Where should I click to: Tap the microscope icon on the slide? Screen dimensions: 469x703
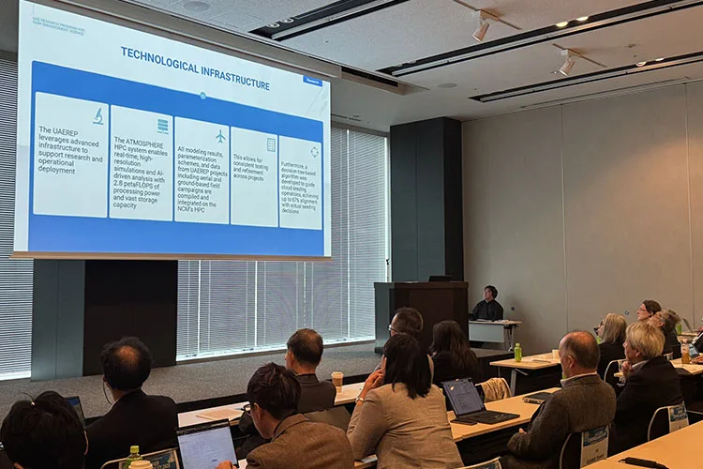pos(98,115)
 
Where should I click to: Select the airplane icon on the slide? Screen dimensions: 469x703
pos(220,137)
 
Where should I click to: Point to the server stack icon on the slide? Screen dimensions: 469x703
pos(163,126)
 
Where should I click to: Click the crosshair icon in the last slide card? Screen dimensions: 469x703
pos(314,151)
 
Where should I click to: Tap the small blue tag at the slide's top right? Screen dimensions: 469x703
pos(312,81)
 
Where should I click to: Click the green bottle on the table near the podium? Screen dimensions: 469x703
pos(517,353)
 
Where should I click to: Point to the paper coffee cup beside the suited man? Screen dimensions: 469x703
pos(337,379)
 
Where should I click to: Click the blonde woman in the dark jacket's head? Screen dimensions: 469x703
pos(646,340)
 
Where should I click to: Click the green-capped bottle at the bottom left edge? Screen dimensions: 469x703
pos(134,458)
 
